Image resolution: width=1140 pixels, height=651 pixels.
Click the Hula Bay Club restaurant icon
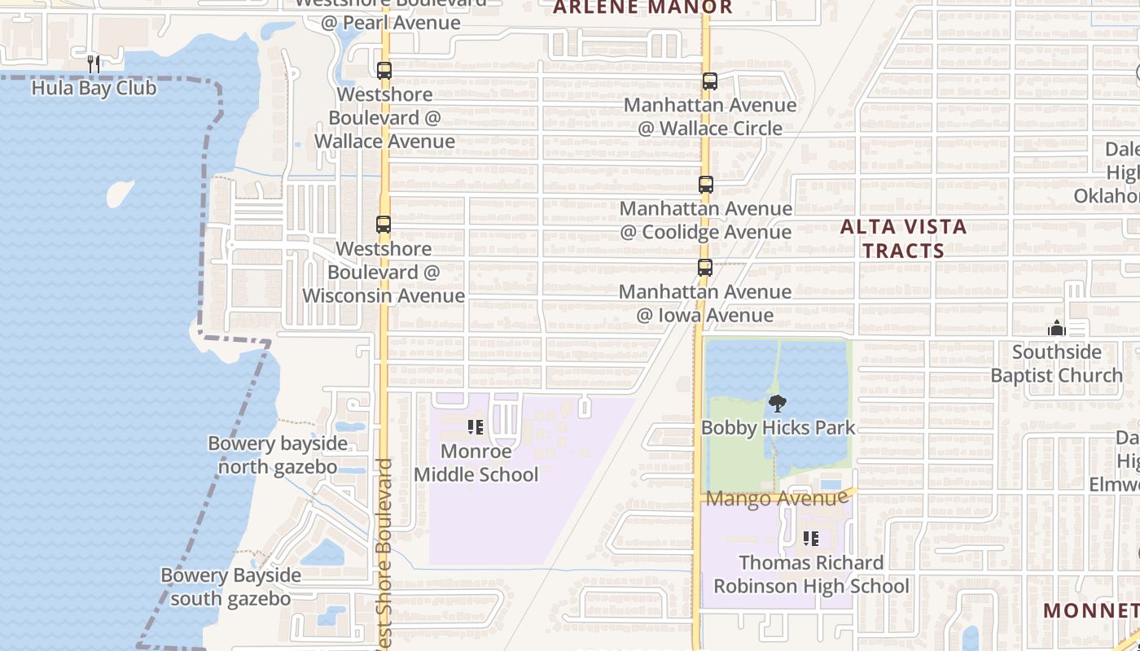94,63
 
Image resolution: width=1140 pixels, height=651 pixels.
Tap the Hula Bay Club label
94,88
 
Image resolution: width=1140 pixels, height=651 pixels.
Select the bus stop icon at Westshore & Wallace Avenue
384,71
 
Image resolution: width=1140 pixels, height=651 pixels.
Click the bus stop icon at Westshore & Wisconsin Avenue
383,225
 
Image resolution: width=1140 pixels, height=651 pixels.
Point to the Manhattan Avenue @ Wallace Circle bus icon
709,81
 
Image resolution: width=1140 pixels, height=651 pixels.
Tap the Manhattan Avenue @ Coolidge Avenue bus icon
706,185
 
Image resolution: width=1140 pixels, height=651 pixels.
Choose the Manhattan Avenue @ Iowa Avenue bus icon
705,268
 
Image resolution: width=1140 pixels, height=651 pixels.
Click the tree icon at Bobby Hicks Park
778,403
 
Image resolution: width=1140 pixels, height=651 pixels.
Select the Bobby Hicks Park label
778,428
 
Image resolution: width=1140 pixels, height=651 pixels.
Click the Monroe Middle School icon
476,426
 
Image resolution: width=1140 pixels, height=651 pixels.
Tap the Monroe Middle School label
476,463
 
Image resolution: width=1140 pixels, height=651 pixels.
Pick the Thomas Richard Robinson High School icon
811,539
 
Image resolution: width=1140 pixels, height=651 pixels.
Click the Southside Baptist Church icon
1057,328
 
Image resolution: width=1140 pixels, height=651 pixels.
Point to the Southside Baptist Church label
1057,364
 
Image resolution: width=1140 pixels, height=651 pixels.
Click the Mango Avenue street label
771,498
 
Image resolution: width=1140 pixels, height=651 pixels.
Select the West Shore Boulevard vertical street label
384,553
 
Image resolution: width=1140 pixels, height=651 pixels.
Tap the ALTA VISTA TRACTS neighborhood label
903,238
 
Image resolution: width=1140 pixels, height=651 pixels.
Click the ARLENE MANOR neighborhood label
643,8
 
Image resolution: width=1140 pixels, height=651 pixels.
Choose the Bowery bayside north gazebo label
278,455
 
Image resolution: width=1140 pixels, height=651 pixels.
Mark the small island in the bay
120,193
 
